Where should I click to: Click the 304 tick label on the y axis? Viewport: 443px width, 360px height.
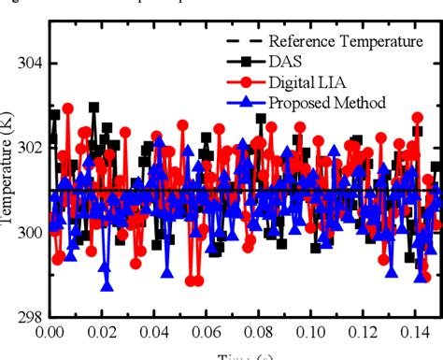tap(31, 63)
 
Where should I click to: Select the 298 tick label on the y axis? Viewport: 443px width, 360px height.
tap(31, 317)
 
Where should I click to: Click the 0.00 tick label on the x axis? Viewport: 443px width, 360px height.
tap(50, 331)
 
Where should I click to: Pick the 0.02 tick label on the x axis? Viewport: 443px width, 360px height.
tap(104, 331)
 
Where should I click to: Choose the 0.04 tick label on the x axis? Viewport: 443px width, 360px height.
tap(158, 331)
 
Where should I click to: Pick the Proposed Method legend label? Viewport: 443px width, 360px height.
tap(326, 102)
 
